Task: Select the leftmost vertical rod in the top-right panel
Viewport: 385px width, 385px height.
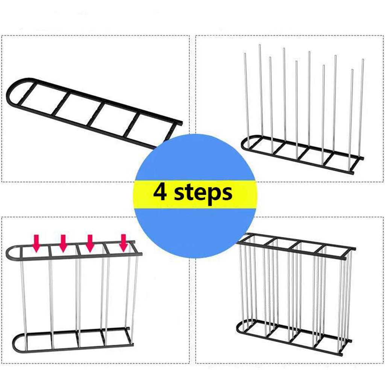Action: click(x=246, y=98)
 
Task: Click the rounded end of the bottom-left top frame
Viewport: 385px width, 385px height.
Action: click(x=10, y=253)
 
